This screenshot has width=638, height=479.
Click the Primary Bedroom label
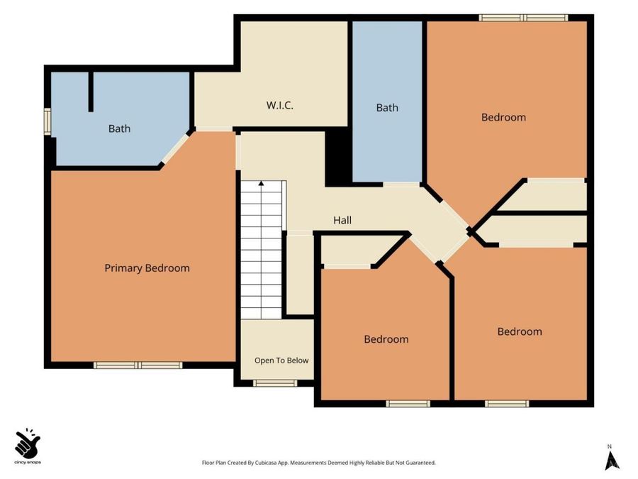coord(147,268)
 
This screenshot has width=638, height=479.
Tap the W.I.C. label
coord(280,105)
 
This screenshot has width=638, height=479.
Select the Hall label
coord(342,221)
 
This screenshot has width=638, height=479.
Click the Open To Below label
coord(281,360)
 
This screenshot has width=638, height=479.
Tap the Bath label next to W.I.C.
coord(387,108)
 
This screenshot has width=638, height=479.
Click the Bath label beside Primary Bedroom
coord(119,128)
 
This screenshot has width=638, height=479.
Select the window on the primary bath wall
coord(47,121)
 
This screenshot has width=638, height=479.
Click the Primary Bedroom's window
coord(138,365)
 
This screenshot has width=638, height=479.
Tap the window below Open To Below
coord(275,383)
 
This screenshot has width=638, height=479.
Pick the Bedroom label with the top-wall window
coord(503,117)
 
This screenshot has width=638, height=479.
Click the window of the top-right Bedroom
coord(523,18)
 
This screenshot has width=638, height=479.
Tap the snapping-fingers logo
coord(28,443)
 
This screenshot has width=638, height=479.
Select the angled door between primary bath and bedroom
coord(176,149)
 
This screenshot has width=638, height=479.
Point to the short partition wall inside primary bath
coord(91,92)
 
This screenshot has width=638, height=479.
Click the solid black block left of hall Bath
coord(338,158)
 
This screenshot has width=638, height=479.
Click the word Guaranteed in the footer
coord(422,463)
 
